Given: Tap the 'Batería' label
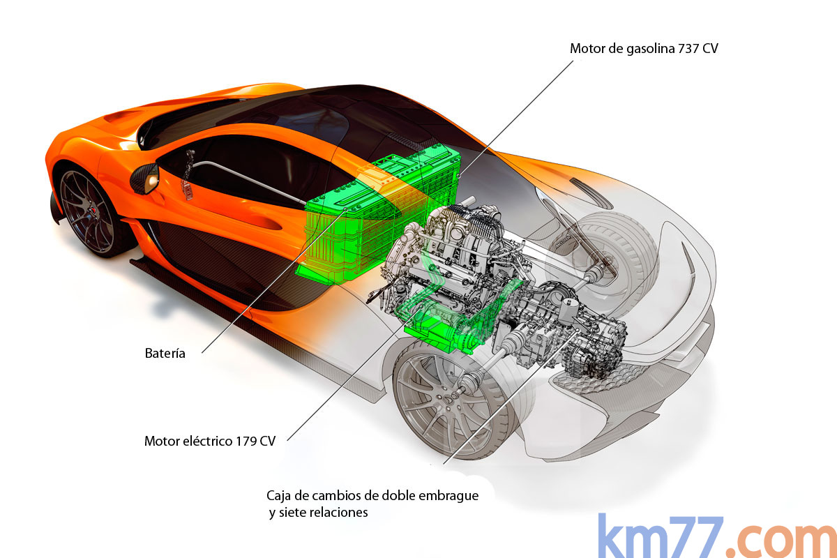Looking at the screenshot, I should point(165,353).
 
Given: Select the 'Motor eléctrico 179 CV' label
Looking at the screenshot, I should point(209,441).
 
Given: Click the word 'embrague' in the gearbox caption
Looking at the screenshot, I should point(450,496).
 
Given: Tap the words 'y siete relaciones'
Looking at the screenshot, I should point(318,513).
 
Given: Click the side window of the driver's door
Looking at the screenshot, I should point(244,178).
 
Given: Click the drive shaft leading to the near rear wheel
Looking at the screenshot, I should point(488,366).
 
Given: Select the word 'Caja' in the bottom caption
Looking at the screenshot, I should point(278,496).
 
